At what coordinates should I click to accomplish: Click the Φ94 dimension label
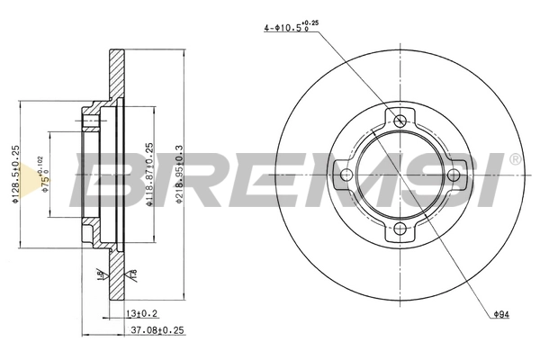(502, 314)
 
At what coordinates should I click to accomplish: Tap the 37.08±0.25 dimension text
(158, 331)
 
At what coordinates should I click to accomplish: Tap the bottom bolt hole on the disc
(399, 230)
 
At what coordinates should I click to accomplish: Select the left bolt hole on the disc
(344, 175)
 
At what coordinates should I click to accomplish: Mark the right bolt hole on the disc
(454, 175)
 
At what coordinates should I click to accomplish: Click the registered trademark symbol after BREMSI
(514, 159)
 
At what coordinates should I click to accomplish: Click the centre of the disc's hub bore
(399, 175)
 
